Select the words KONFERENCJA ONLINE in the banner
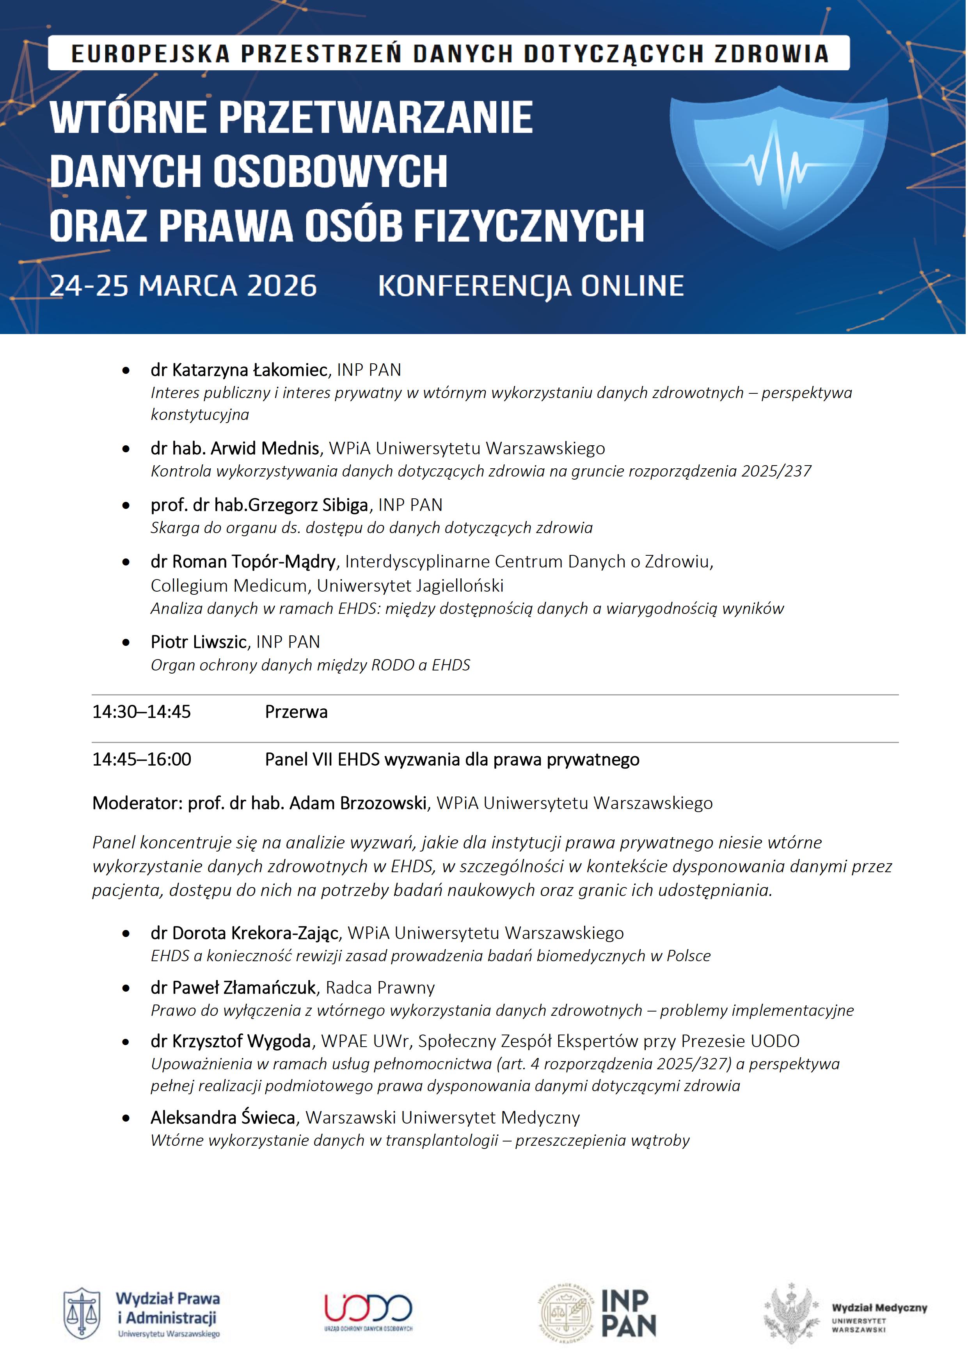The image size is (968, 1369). click(531, 286)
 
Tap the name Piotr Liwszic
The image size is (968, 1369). click(199, 642)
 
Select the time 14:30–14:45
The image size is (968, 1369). click(141, 712)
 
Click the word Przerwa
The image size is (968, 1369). click(296, 712)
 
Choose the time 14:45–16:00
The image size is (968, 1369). click(141, 760)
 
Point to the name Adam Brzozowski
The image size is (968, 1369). click(358, 803)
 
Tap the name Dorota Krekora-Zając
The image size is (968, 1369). click(255, 933)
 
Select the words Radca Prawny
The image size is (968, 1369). click(380, 988)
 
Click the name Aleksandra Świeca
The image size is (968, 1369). click(223, 1117)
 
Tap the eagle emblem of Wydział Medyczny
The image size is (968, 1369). click(792, 1314)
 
